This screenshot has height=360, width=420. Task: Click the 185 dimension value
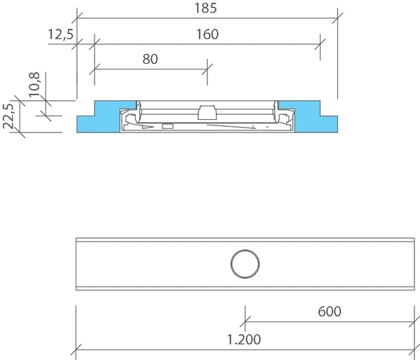tap(205, 8)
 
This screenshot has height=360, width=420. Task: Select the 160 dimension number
tap(207, 34)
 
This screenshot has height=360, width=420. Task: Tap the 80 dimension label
tap(150, 59)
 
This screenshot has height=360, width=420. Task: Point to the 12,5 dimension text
tap(60, 34)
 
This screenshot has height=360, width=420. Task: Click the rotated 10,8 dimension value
tap(34, 85)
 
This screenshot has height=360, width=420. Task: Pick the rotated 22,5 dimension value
tap(8, 116)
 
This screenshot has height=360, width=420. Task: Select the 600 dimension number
tap(330, 312)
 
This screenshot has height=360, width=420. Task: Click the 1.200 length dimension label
tap(244, 340)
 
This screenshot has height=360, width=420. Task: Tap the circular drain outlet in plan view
tap(245, 264)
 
